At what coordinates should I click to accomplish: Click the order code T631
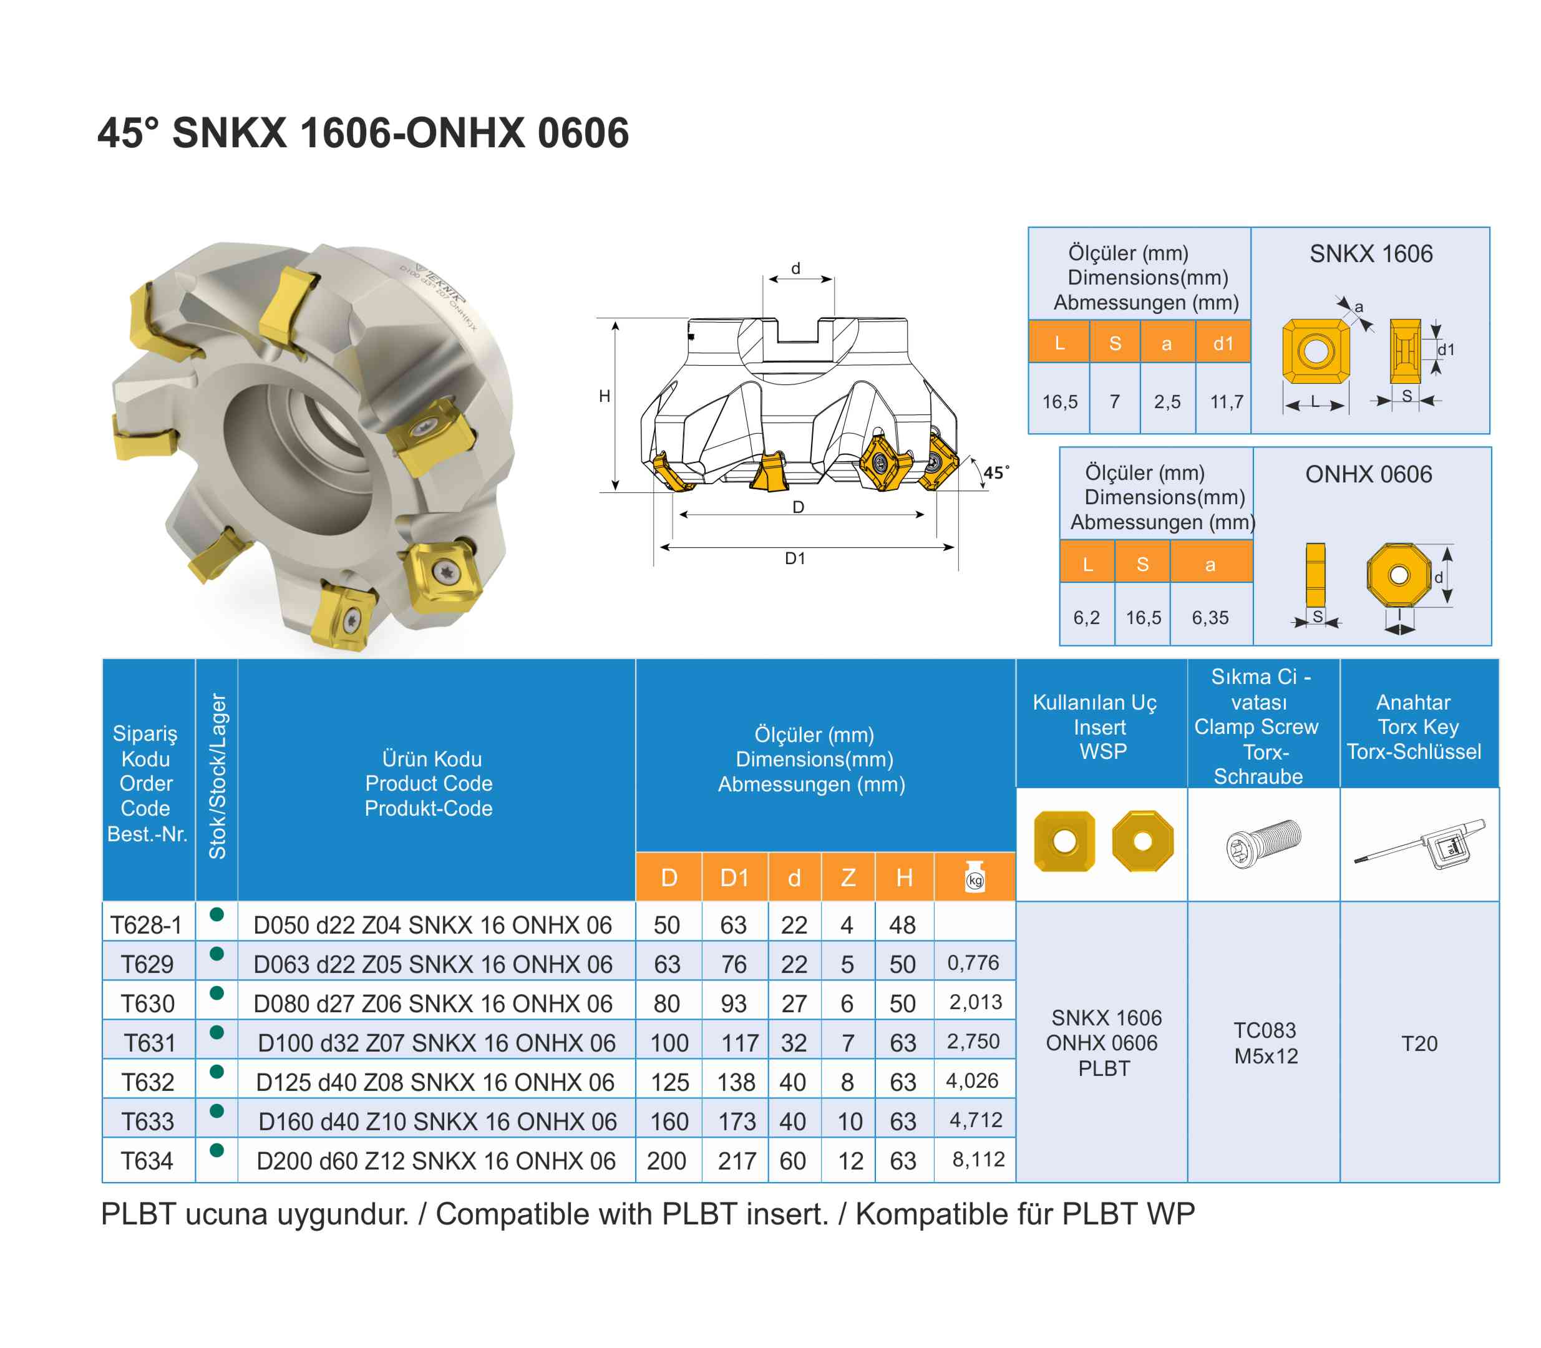(149, 1043)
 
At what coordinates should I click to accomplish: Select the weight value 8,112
(978, 1159)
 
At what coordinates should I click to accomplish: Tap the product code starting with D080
(432, 1004)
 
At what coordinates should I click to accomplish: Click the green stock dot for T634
(216, 1150)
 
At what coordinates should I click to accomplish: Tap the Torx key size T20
(1419, 1043)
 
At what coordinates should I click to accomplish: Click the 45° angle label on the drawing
(996, 472)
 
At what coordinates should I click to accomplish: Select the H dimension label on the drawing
(604, 396)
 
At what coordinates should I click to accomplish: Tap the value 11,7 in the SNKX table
(1226, 402)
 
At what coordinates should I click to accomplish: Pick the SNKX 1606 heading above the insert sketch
(1370, 253)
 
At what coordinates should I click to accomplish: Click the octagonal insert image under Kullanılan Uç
(1142, 841)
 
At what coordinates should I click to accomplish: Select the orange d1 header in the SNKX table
(1223, 344)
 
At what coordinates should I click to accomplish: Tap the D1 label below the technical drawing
(795, 558)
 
